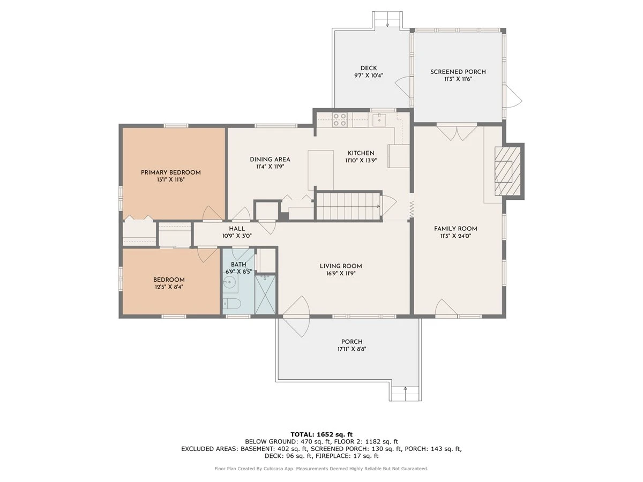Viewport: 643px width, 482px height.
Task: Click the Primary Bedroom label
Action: pos(171,172)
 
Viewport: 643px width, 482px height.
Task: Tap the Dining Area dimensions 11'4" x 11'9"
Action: pos(270,167)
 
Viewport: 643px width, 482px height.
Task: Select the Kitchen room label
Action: pos(361,153)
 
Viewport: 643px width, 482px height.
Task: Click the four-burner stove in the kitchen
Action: pos(340,119)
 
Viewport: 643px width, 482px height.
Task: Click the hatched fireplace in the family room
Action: pos(507,171)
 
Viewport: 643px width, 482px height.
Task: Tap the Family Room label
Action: pos(455,229)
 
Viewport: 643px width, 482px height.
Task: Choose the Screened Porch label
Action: pos(458,72)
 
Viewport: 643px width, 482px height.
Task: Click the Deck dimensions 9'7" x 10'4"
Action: pos(369,76)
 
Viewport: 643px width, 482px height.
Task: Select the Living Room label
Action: pos(341,266)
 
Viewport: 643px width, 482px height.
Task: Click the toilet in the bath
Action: pos(231,304)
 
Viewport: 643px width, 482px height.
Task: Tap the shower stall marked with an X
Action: pos(265,294)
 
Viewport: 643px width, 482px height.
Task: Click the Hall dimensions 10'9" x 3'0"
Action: pos(237,236)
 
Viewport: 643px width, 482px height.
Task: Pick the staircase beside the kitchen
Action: pos(349,206)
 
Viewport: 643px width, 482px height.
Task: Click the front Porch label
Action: pos(352,342)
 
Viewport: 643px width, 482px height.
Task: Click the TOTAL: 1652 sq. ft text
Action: pos(322,434)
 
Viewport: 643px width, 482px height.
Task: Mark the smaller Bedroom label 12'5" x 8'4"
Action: pos(169,283)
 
